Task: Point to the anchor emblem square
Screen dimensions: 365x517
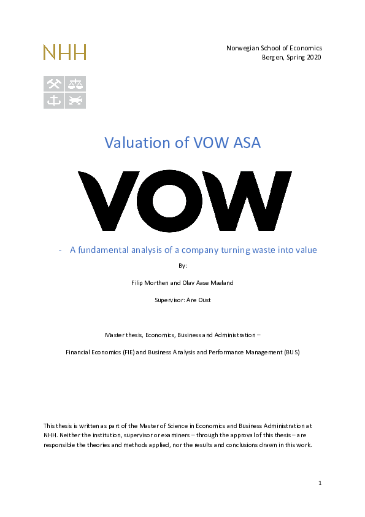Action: tap(53, 101)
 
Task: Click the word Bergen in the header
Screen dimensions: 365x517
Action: tap(273, 57)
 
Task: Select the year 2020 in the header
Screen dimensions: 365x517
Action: tap(313, 57)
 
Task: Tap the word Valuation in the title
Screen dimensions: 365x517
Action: tap(132, 143)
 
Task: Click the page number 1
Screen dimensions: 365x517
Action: tap(320, 483)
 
